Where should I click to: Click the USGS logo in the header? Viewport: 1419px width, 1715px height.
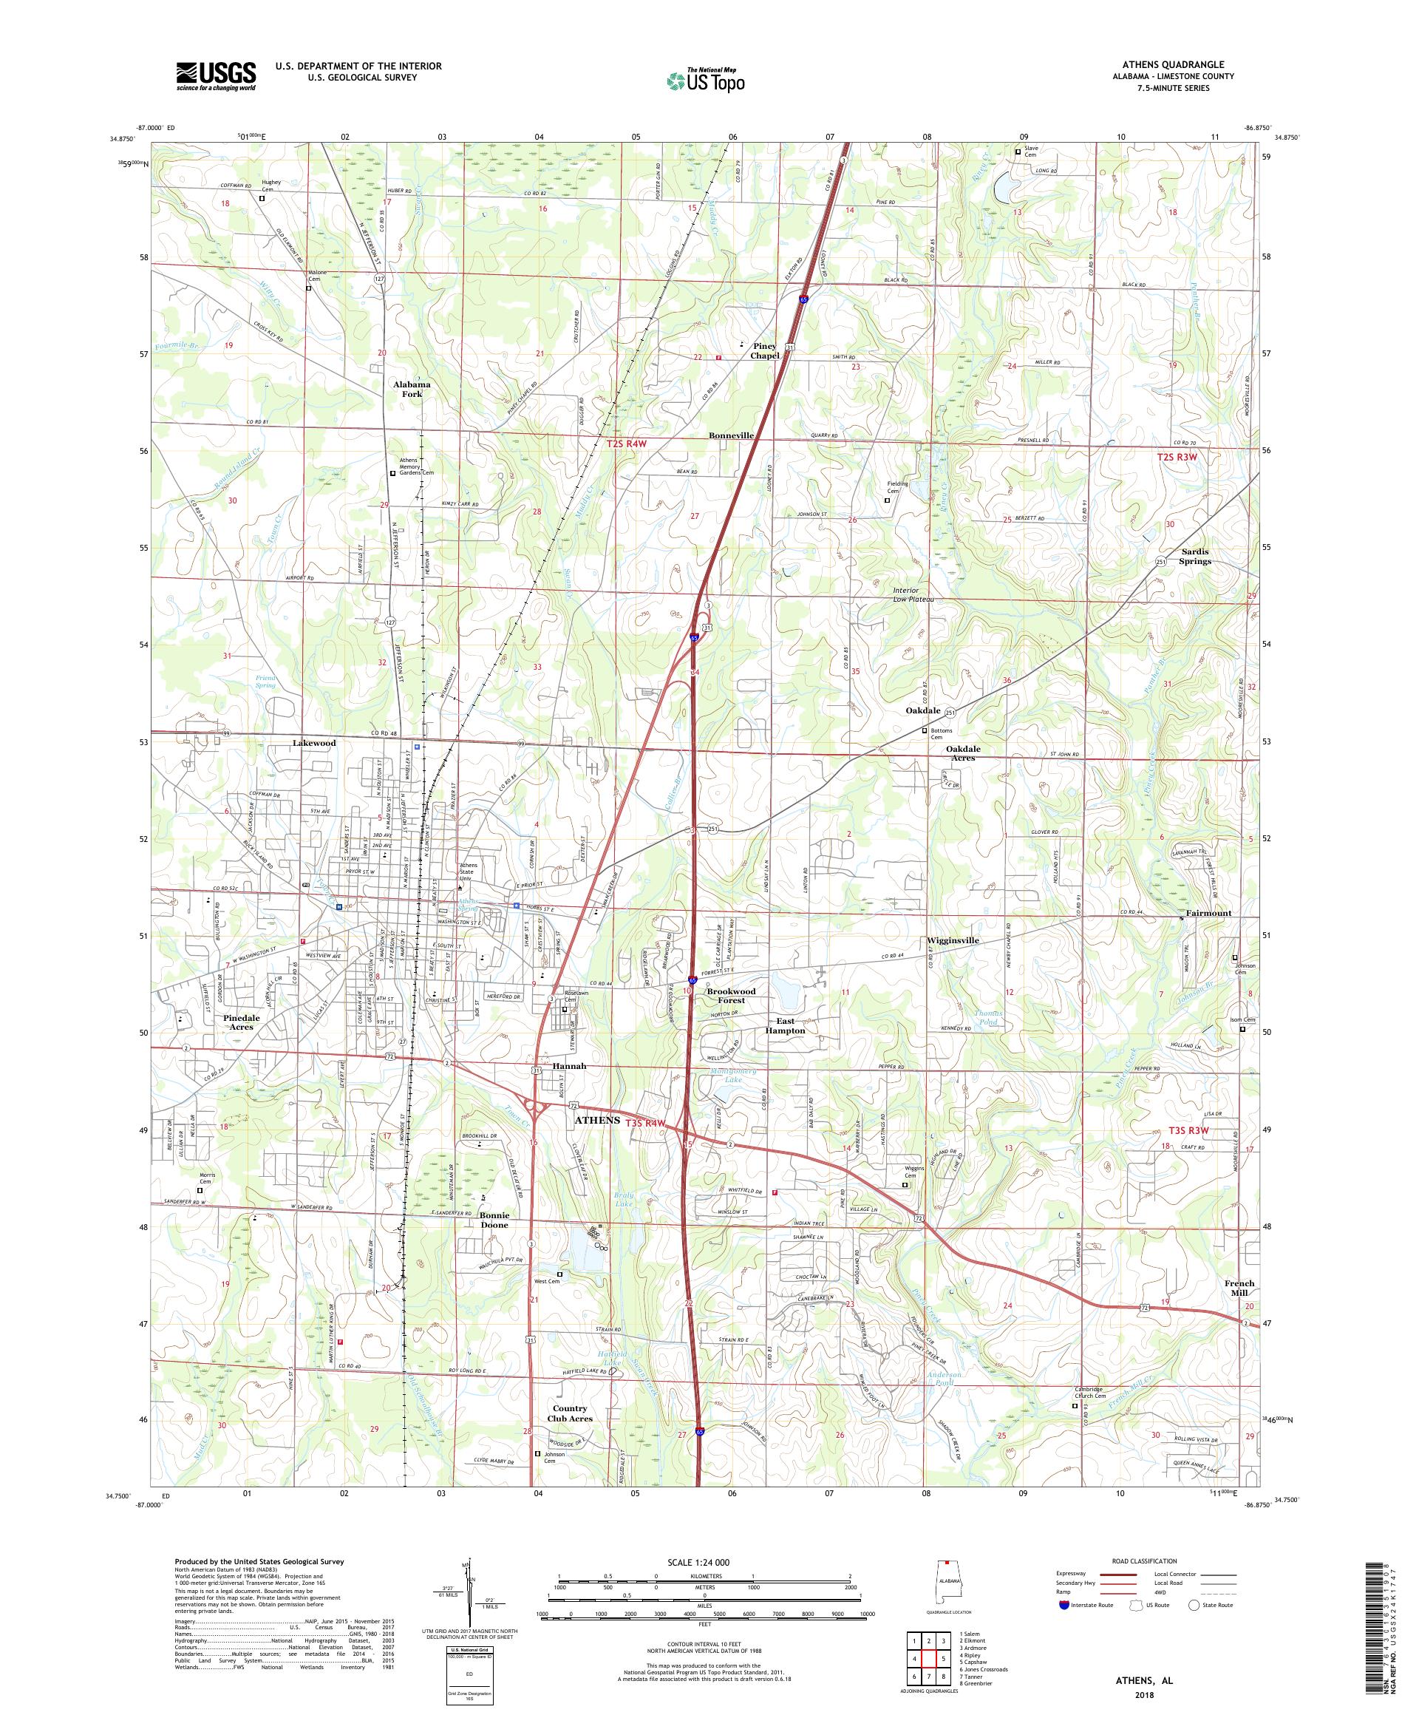(x=216, y=77)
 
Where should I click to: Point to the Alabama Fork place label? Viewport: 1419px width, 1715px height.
(x=412, y=389)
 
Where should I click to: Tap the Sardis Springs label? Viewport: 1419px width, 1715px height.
(x=1195, y=556)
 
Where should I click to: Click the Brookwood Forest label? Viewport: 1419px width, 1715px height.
(x=731, y=996)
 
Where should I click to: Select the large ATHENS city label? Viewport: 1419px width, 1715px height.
(x=597, y=1120)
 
